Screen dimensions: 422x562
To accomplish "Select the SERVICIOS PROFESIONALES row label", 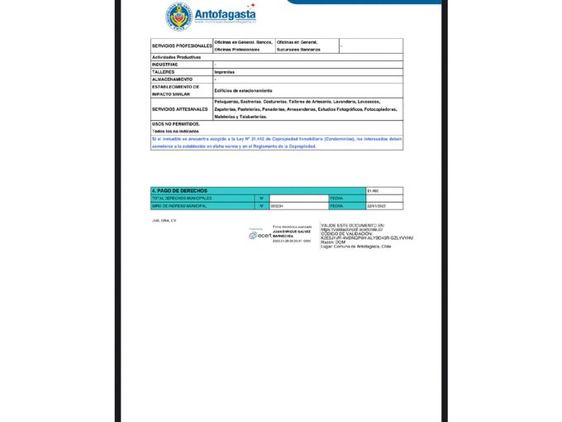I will pos(182,46).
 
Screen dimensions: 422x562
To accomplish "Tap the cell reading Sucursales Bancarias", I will pos(298,50).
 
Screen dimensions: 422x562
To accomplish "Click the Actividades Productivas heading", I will pos(177,57).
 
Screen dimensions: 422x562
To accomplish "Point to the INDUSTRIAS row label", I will pos(164,64).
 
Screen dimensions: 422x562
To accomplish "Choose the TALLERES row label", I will pos(163,71).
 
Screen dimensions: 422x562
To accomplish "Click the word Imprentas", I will pos(224,72).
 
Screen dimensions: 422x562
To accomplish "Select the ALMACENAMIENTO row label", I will pos(172,79).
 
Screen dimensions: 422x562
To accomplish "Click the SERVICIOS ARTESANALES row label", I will pos(180,109).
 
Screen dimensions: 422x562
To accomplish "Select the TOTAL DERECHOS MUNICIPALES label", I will pos(182,198).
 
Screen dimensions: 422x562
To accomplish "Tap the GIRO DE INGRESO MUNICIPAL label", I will pos(179,205).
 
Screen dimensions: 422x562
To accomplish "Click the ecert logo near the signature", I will pos(260,235).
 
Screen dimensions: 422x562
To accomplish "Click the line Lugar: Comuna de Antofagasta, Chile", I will pos(358,247).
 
